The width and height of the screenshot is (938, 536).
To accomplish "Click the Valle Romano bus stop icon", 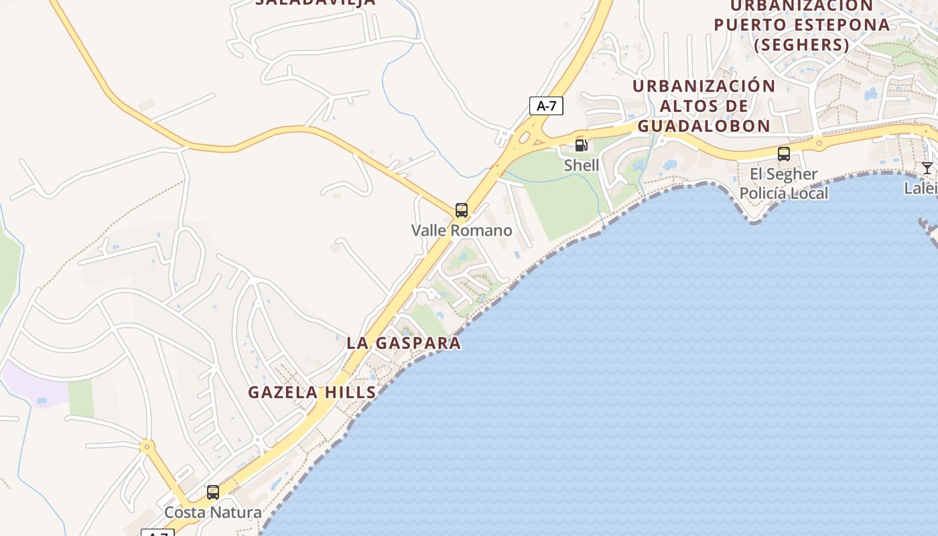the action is coord(461,210).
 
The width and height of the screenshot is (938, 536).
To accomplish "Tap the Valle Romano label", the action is coord(462,230).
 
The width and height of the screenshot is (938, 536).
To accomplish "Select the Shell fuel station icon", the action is coord(581,145).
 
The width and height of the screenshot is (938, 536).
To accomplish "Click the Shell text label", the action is coord(581,165).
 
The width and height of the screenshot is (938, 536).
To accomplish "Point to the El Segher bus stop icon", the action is coord(783,154).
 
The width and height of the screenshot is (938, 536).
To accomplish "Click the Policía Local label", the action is coord(783,194).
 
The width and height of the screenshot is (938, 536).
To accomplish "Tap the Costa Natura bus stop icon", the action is coord(213,492).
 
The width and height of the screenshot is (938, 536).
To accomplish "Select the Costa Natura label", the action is coord(213,513).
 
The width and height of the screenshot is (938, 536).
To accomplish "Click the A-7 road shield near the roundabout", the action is coord(546,106).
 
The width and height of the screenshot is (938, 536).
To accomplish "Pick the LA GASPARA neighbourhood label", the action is coord(403,343).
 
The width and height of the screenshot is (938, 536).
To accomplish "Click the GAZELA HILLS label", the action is coord(312,393).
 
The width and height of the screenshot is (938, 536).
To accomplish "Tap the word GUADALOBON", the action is coord(703,126).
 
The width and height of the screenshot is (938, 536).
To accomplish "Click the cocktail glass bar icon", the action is coord(927,168).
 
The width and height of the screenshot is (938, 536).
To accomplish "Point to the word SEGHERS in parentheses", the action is coord(801,45).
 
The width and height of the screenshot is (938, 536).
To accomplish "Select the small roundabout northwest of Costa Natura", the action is coord(147,446).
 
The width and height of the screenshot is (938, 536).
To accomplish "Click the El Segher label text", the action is coord(783,174).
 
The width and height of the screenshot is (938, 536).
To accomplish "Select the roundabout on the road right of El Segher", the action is coord(818,143).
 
